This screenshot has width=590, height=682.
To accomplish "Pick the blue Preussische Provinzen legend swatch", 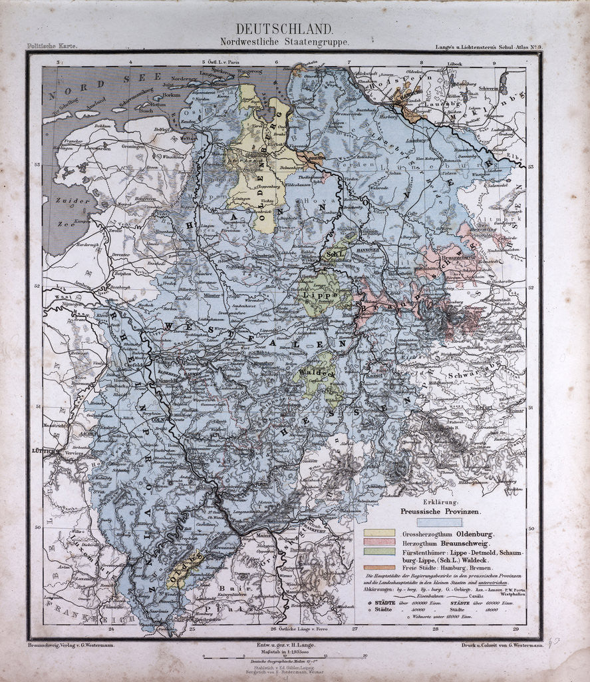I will click(x=439, y=523).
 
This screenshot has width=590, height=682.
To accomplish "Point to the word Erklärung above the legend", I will click(x=442, y=502).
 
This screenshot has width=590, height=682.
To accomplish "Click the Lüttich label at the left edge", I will click(x=41, y=452).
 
